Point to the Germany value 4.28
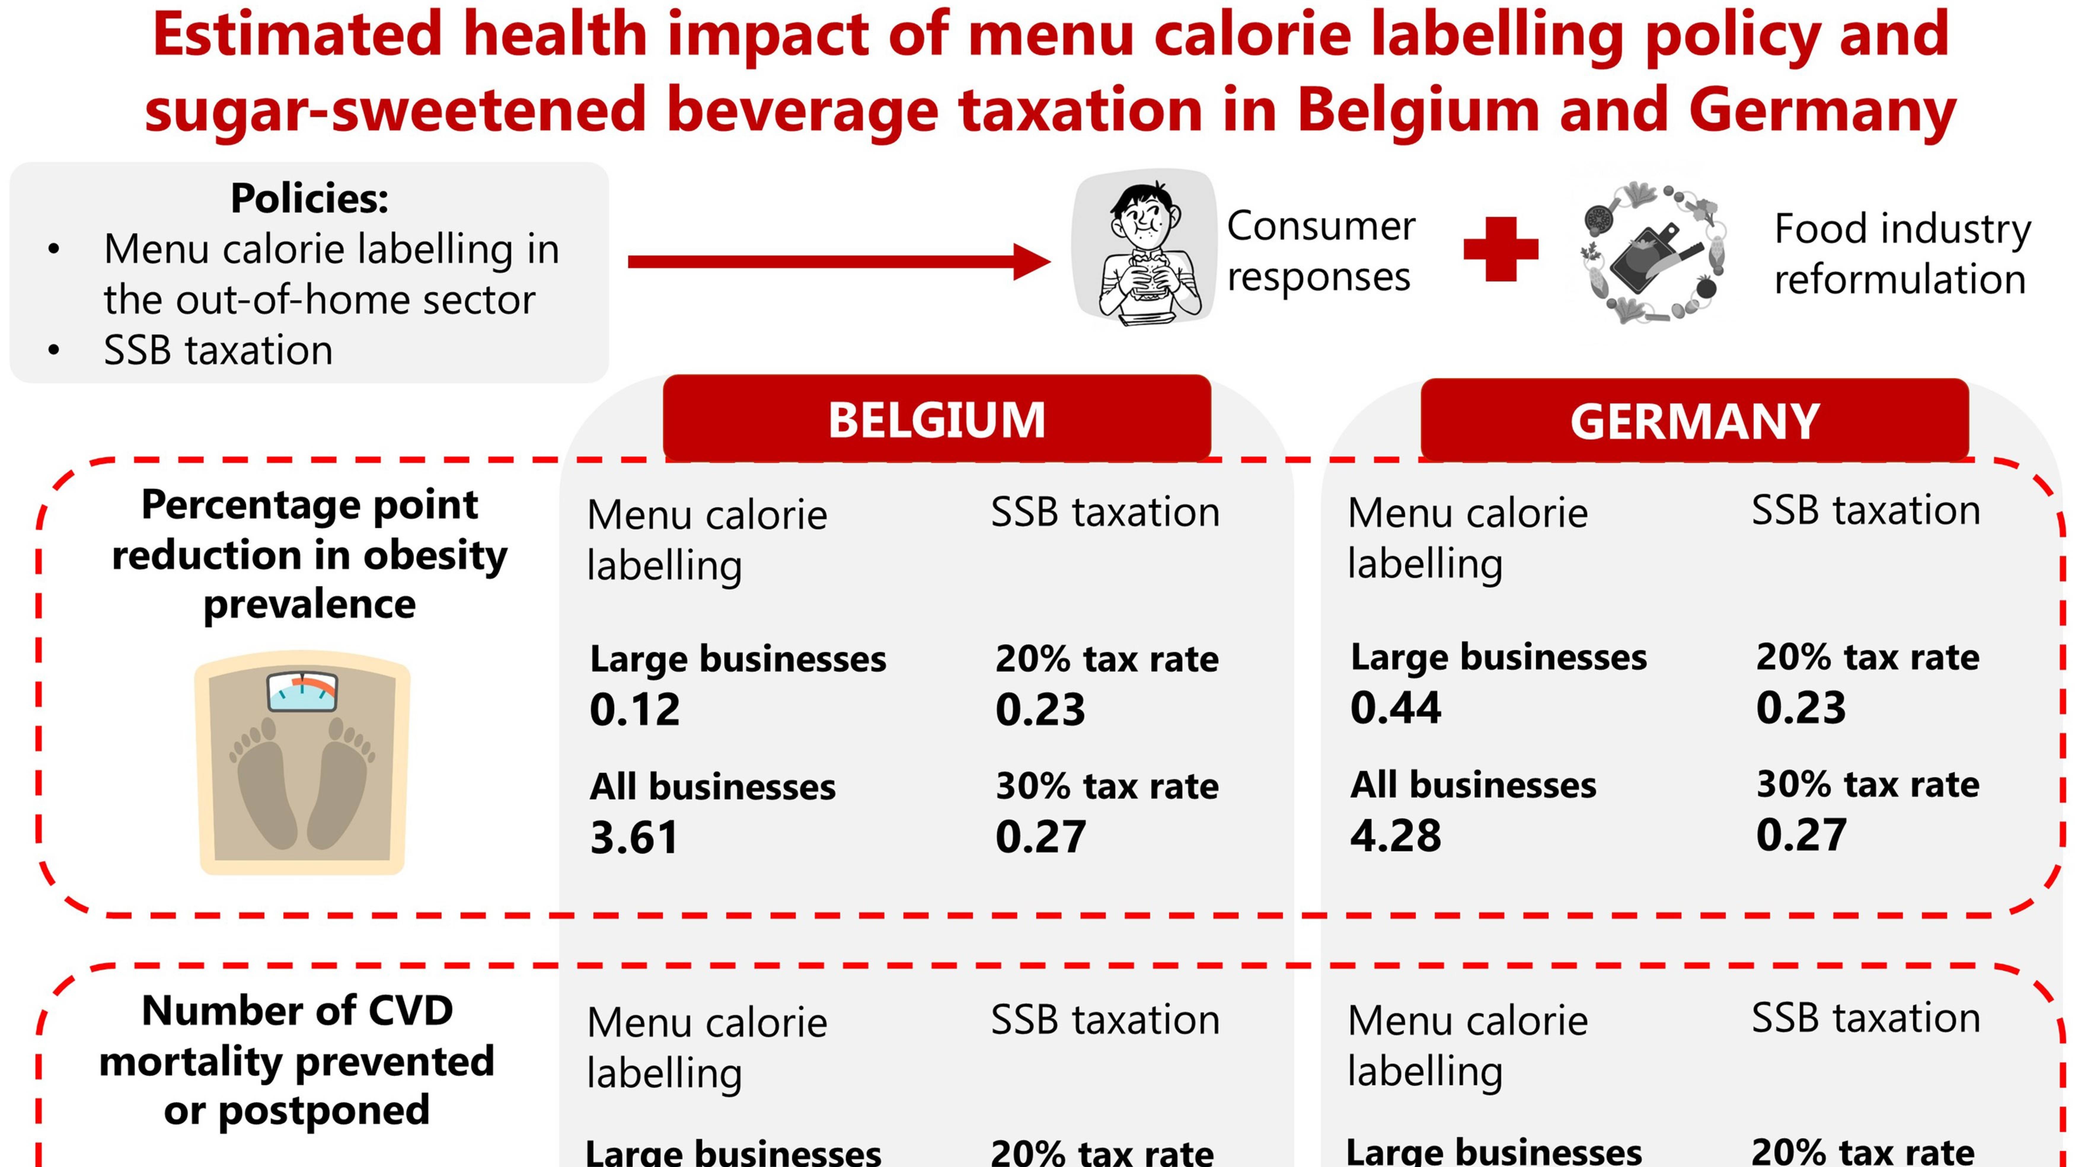tap(1395, 835)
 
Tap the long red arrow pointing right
tap(838, 262)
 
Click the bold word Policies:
tap(309, 198)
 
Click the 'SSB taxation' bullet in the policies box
tap(218, 350)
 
